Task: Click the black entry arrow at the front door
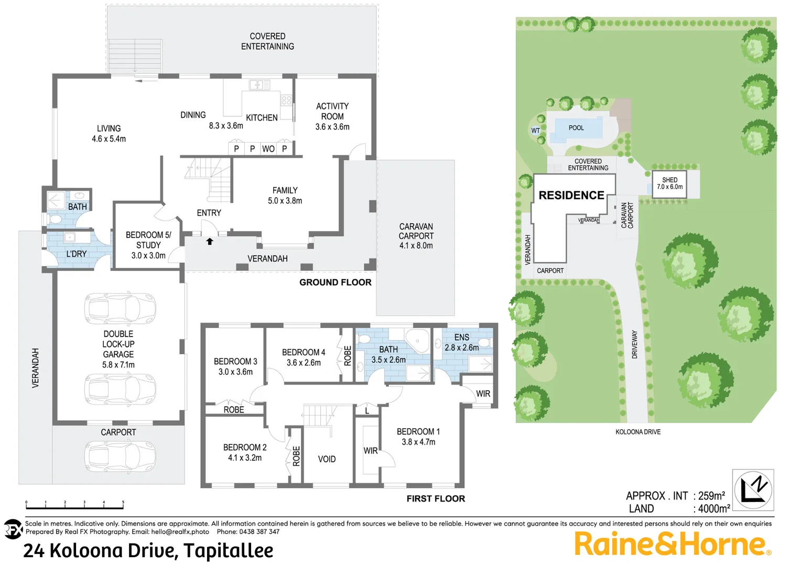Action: [x=210, y=242]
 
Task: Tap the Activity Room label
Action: [x=332, y=111]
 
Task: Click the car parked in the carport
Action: [x=120, y=456]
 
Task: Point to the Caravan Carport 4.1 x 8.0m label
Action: [x=416, y=236]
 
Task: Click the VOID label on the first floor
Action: [x=327, y=459]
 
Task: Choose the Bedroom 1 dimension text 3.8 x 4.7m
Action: [x=418, y=442]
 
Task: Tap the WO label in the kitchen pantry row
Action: [x=268, y=149]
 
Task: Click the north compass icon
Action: [x=753, y=490]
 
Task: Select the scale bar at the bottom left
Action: [x=74, y=506]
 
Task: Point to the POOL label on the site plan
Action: [x=576, y=128]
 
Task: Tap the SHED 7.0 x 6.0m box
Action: [x=669, y=183]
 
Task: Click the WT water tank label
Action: [x=535, y=130]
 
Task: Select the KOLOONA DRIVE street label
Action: [x=638, y=432]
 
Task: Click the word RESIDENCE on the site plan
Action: [x=571, y=195]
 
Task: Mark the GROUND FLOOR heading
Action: [x=335, y=282]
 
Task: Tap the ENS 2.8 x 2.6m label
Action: [x=462, y=342]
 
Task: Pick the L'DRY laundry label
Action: [x=77, y=254]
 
